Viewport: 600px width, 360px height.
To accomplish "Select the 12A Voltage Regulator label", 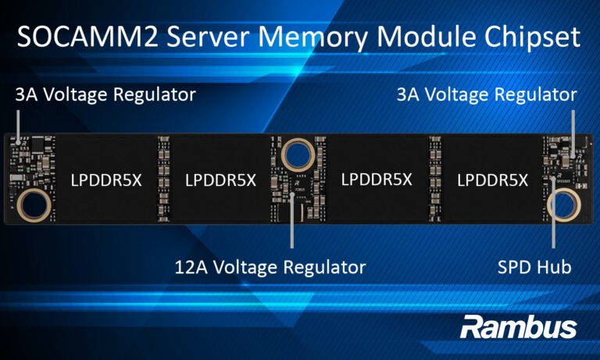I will (270, 267).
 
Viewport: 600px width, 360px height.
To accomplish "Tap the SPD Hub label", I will (534, 267).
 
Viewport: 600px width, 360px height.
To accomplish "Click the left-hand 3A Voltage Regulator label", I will (105, 95).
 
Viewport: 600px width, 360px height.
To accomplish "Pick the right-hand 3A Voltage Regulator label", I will (487, 95).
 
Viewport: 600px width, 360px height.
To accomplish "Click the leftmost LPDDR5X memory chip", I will (106, 180).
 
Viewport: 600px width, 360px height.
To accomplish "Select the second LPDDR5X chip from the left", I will (220, 180).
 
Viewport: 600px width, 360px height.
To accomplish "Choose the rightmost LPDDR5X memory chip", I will (492, 180).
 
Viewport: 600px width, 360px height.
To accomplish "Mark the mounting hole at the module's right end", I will (563, 205).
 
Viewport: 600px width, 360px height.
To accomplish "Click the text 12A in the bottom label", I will (190, 267).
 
